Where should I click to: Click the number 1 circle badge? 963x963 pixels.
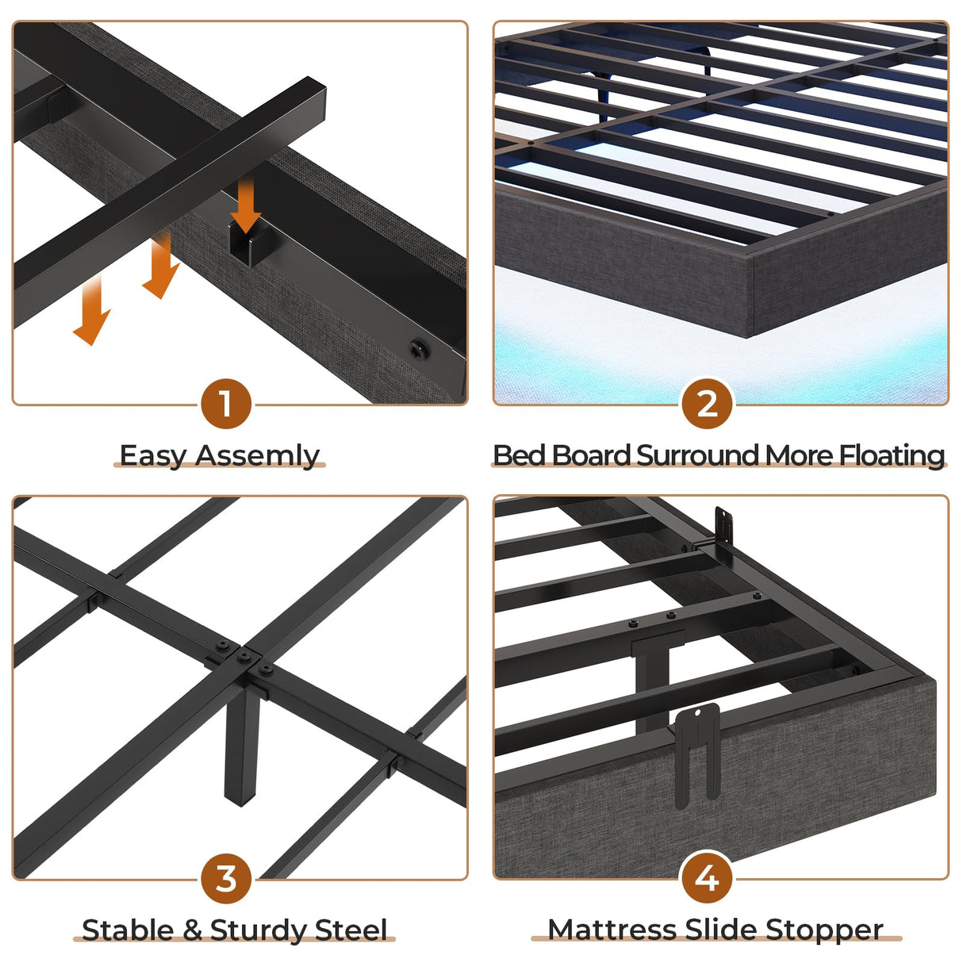pyautogui.click(x=226, y=404)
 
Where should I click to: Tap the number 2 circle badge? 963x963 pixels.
pyautogui.click(x=707, y=404)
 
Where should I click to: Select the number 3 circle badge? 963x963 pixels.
pyautogui.click(x=226, y=879)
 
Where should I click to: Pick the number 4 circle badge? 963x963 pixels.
pyautogui.click(x=707, y=879)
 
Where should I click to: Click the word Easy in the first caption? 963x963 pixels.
pyautogui.click(x=153, y=456)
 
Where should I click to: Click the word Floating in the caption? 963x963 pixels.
pyautogui.click(x=892, y=455)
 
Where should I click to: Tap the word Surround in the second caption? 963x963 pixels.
pyautogui.click(x=698, y=455)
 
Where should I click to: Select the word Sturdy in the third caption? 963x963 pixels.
pyautogui.click(x=259, y=930)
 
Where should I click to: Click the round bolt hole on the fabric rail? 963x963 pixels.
pyautogui.click(x=417, y=349)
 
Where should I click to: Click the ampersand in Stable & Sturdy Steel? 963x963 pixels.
pyautogui.click(x=193, y=930)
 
